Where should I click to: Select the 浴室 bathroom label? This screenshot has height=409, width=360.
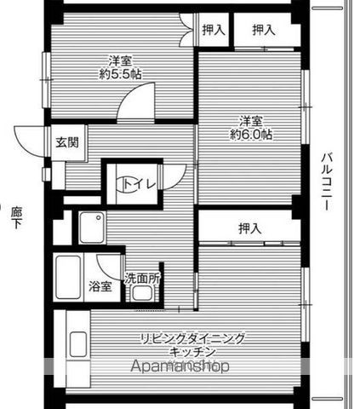pos(100,286)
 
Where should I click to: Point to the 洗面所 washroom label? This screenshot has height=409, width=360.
pos(142,278)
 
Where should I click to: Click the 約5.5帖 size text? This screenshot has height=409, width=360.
pos(120,73)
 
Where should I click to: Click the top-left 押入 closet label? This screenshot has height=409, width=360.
pos(214,30)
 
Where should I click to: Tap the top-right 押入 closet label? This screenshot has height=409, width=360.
pos(264,30)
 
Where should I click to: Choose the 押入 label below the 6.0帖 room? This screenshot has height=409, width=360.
pos(249,228)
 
